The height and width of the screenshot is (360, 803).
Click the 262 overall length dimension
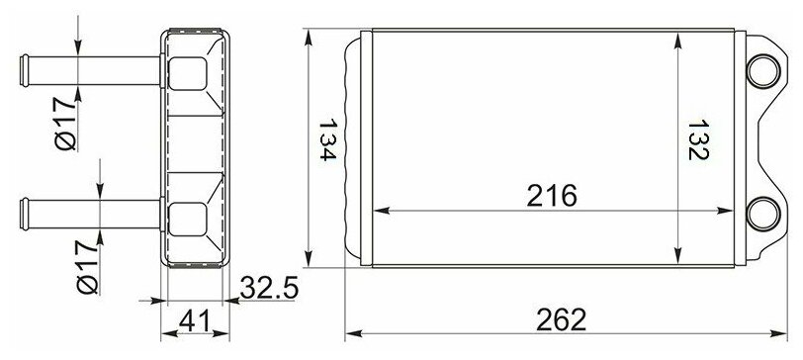(x=561, y=320)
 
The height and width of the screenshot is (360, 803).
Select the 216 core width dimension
(x=552, y=196)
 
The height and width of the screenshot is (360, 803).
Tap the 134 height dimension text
(x=327, y=140)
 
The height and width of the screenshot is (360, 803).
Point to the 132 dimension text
(x=697, y=139)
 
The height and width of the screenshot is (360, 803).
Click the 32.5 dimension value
(x=269, y=288)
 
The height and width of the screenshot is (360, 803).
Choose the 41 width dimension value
(x=195, y=321)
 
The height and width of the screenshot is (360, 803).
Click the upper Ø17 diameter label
(x=65, y=124)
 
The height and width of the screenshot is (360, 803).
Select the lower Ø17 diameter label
(x=88, y=268)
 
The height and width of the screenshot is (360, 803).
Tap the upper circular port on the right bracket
(x=763, y=70)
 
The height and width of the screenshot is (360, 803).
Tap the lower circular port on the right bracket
(x=763, y=214)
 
